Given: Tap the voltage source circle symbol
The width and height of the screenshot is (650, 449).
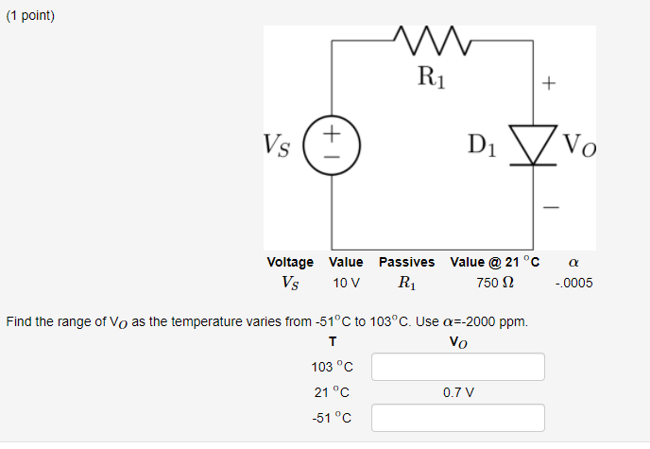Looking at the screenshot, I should click(x=332, y=147).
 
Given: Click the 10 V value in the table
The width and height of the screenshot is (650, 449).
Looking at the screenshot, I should click(x=346, y=283).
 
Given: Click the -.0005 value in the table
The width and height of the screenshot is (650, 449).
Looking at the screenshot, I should click(x=574, y=283).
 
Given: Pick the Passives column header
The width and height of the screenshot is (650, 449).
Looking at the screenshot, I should click(x=406, y=262).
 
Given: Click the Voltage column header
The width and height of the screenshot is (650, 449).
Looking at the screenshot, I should click(x=290, y=262).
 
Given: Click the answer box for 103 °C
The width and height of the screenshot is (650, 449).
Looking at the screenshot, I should click(x=458, y=367).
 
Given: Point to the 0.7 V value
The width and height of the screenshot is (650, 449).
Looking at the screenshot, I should click(x=458, y=392).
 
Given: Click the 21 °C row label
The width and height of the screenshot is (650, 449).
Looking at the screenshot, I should click(x=332, y=392).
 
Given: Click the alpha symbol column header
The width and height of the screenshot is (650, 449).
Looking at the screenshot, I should click(x=574, y=262).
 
